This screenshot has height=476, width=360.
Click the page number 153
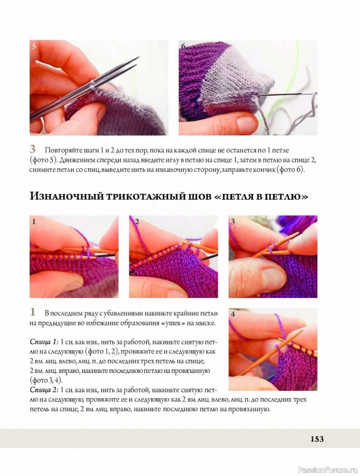point(317,439)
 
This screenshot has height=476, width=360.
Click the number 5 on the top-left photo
point(34,46)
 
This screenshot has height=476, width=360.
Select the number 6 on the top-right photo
point(183,46)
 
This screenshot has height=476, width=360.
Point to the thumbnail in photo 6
point(246,124)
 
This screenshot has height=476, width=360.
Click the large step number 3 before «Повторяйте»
point(33,149)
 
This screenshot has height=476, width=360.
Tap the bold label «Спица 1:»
point(44,342)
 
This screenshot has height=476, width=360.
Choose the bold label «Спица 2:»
point(44,390)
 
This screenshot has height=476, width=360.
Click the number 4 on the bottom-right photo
point(233,314)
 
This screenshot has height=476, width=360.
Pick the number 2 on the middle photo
point(137,221)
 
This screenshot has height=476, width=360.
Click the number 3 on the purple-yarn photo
point(233,221)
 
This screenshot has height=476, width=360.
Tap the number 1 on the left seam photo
point(34,221)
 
